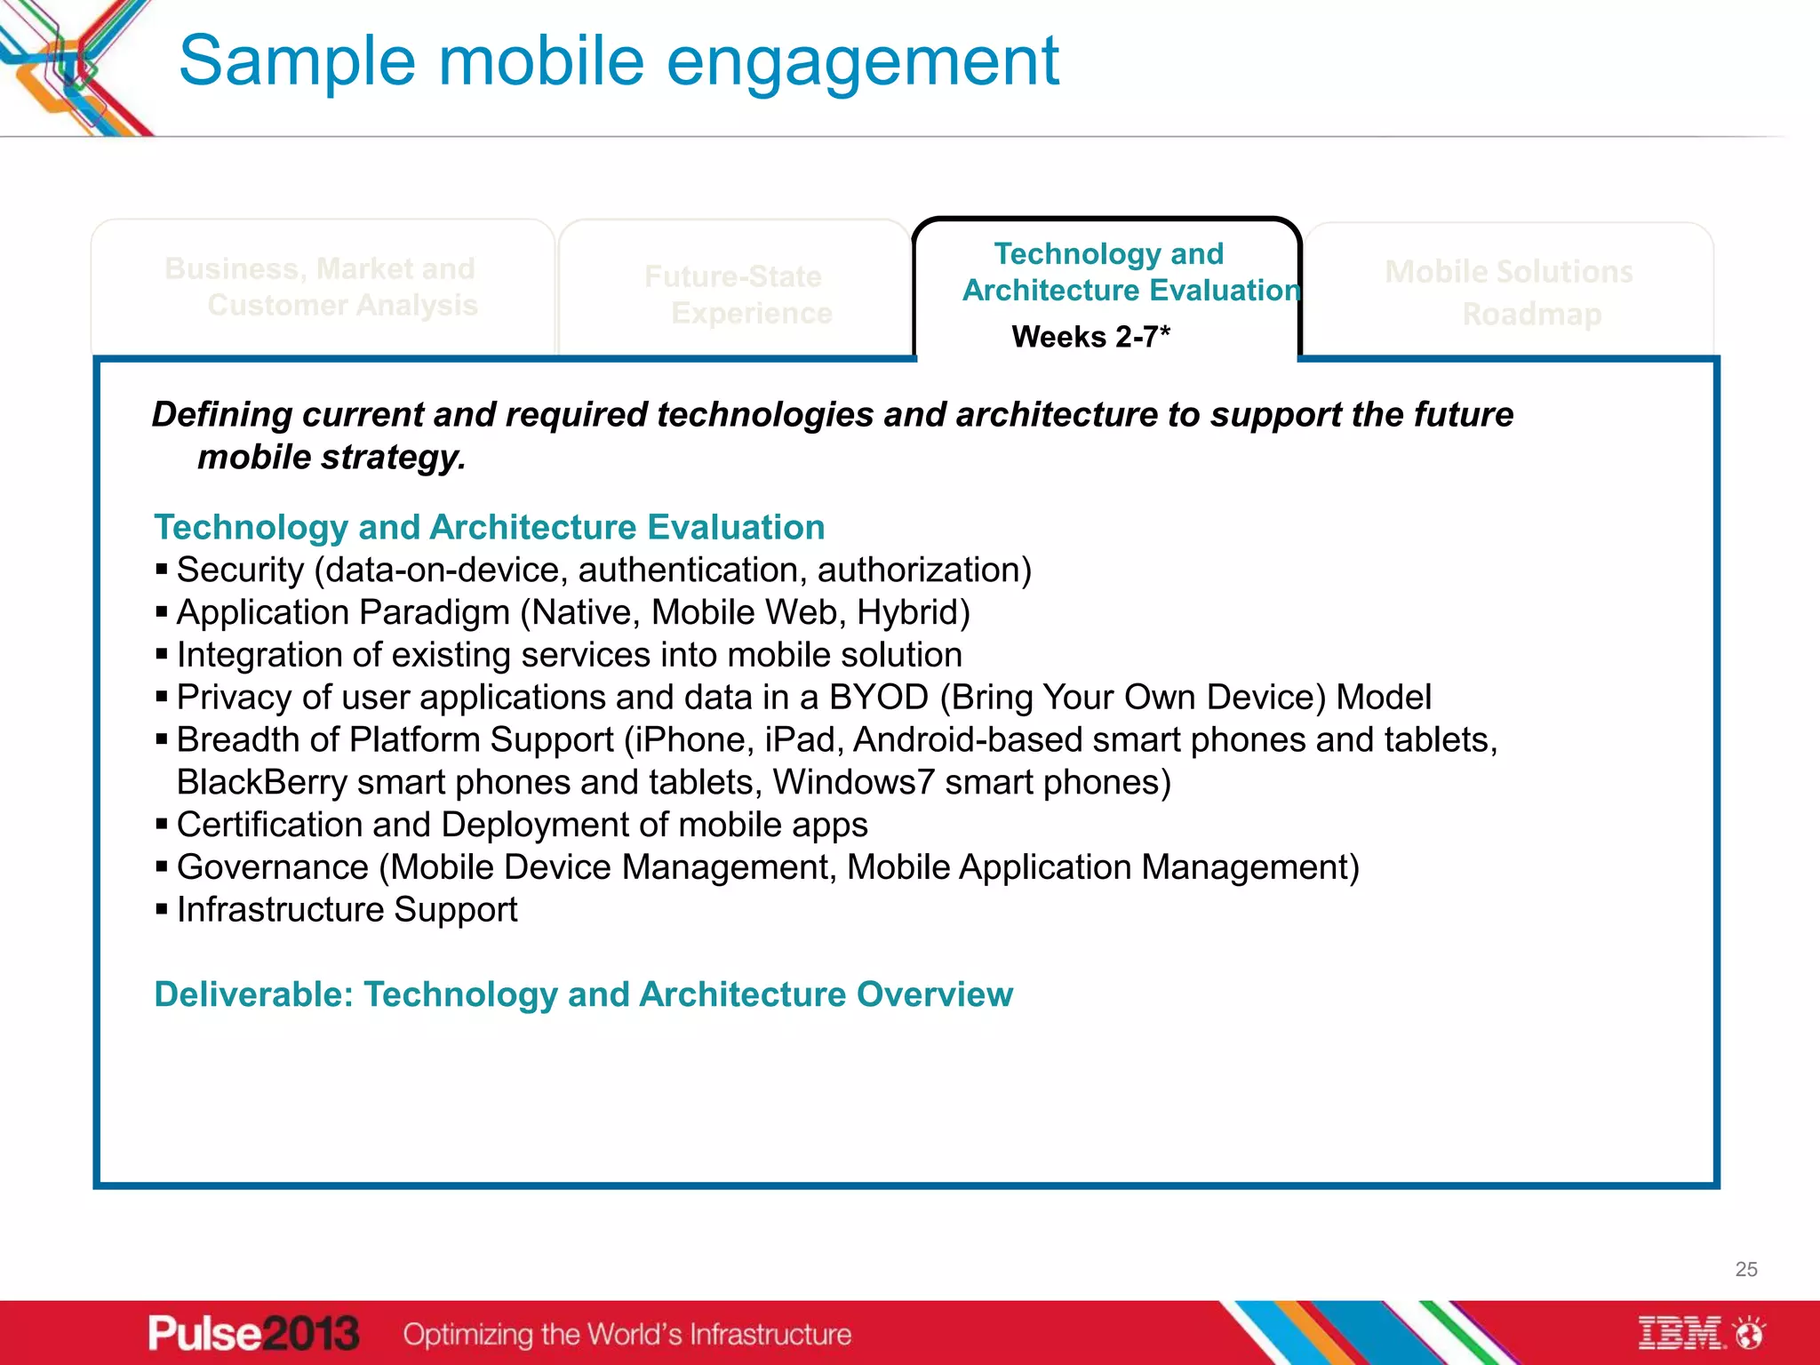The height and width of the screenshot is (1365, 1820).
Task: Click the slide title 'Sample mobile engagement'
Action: pyautogui.click(x=619, y=61)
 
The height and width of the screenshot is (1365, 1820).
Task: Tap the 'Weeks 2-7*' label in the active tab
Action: pyautogui.click(x=1090, y=337)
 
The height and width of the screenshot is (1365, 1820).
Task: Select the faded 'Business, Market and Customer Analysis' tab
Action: pyautogui.click(x=322, y=287)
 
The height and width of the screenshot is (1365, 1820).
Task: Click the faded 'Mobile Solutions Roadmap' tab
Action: pyautogui.click(x=1509, y=292)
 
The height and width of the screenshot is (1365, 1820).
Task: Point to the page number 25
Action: pyautogui.click(x=1745, y=1269)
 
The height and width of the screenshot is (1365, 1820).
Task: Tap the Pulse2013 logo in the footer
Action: pyautogui.click(x=253, y=1334)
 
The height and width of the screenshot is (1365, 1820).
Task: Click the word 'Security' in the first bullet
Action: pyautogui.click(x=240, y=571)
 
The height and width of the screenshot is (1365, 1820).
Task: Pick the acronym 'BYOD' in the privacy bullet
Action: pyautogui.click(x=878, y=698)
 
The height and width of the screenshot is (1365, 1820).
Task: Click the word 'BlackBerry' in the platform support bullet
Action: pyautogui.click(x=261, y=783)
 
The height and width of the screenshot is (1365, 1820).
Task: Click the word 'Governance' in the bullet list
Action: pyautogui.click(x=273, y=867)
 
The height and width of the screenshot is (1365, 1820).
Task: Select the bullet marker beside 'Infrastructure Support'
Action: pyautogui.click(x=162, y=909)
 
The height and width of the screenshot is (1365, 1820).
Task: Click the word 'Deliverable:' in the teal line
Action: pyautogui.click(x=254, y=994)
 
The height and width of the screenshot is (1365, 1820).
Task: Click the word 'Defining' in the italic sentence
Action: pyautogui.click(x=221, y=415)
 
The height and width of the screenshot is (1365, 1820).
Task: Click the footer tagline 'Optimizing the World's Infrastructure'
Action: pyautogui.click(x=627, y=1335)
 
